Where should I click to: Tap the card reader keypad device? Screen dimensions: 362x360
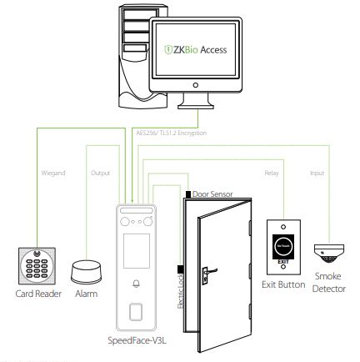(37, 268)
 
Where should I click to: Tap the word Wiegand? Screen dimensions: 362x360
(52, 173)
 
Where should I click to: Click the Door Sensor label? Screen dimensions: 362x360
(212, 193)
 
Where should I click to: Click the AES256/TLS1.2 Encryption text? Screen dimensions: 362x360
(170, 133)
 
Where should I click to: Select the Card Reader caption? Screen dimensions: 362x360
(37, 294)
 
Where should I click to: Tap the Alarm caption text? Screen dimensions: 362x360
(86, 294)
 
